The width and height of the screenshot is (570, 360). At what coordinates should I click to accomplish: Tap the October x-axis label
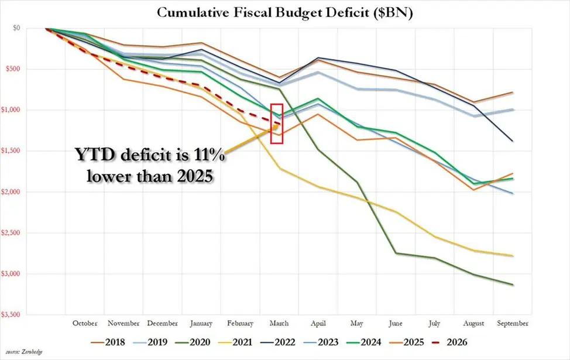[x=84, y=323]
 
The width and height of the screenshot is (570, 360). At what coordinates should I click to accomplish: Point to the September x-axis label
[x=513, y=323]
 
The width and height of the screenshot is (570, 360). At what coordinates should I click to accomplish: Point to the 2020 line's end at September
[x=513, y=285]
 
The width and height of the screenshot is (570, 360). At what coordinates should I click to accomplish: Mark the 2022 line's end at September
[x=513, y=141]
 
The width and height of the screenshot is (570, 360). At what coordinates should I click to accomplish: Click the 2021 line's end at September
[x=513, y=256]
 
